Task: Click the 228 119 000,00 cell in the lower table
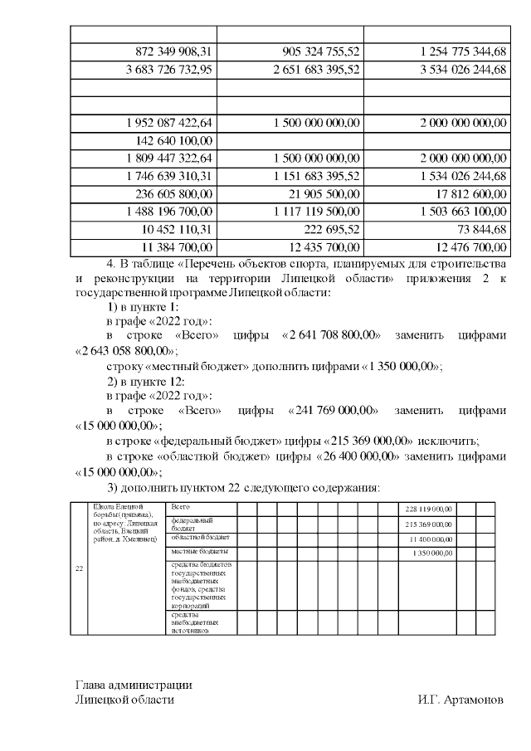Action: tap(428, 508)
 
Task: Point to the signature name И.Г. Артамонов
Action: tap(460, 700)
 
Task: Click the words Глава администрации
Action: tap(134, 685)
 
